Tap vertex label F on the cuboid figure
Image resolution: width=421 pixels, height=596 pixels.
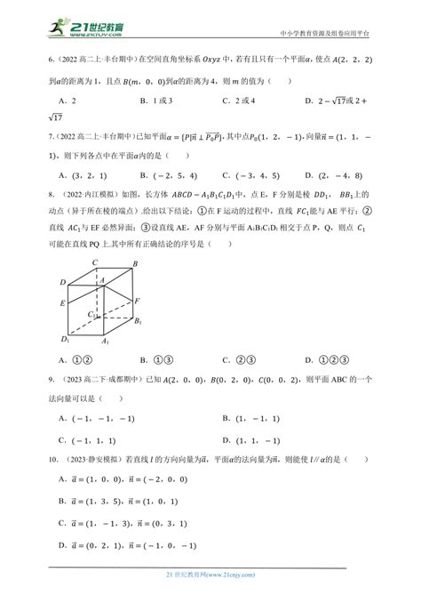139,301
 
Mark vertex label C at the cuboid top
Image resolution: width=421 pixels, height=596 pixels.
93,262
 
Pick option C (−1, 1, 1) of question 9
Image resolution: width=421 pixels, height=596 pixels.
89,440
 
